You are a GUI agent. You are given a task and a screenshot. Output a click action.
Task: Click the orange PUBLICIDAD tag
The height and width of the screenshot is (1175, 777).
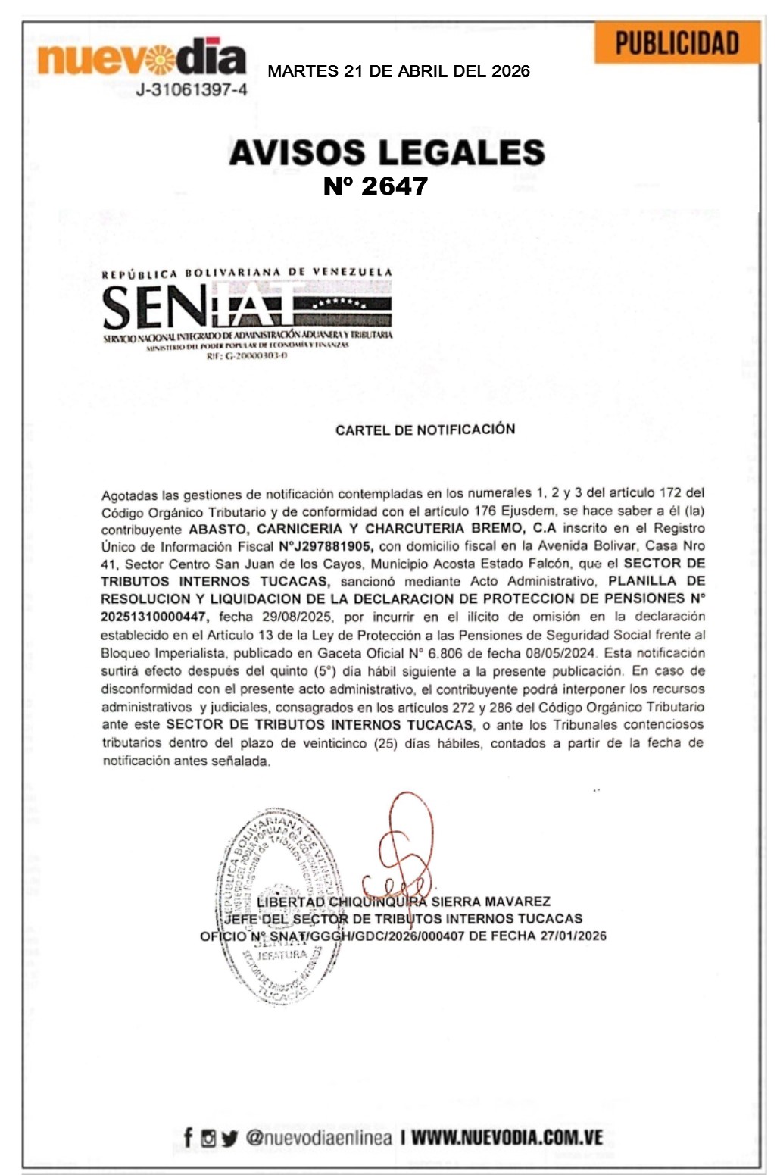click(676, 43)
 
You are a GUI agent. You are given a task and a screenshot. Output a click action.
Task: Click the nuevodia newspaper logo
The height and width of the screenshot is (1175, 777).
click(142, 57)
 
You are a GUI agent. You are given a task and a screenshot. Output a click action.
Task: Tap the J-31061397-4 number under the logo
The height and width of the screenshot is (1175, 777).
click(191, 90)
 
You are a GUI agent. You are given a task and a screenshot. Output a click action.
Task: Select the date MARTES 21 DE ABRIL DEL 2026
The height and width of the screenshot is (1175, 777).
click(398, 71)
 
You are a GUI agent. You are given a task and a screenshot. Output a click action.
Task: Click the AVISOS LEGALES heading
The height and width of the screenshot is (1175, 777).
click(386, 152)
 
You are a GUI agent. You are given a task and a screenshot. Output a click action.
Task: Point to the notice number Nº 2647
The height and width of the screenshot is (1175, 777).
click(376, 186)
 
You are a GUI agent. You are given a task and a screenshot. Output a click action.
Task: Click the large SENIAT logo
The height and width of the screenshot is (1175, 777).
click(247, 306)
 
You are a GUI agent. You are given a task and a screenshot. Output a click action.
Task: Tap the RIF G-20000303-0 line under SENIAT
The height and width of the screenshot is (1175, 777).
click(247, 355)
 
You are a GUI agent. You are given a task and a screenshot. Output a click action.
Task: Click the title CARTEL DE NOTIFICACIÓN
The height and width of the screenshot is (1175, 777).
click(425, 430)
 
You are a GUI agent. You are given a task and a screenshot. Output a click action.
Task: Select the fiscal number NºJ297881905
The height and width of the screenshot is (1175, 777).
click(324, 546)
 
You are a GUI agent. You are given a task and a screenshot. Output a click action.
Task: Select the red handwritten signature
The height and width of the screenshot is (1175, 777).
click(399, 848)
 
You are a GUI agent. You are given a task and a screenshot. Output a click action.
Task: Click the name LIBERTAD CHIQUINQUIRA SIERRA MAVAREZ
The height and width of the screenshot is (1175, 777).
click(403, 902)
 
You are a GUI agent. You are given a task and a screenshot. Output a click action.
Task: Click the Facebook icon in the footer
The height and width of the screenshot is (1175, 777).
click(189, 1137)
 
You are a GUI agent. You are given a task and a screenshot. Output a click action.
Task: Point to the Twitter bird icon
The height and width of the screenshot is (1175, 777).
click(229, 1138)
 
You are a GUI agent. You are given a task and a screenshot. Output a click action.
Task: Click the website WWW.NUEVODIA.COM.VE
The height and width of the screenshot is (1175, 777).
click(507, 1137)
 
